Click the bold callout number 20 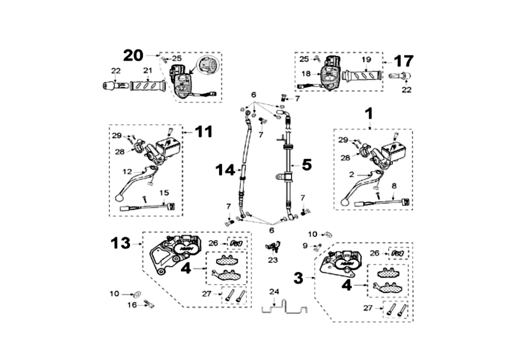(133, 55)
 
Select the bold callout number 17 (403, 61)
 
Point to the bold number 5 (306, 165)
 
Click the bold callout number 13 (121, 243)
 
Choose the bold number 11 (203, 132)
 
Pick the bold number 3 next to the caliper (298, 278)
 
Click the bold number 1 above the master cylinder (369, 114)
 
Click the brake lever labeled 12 (135, 182)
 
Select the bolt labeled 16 (149, 305)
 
